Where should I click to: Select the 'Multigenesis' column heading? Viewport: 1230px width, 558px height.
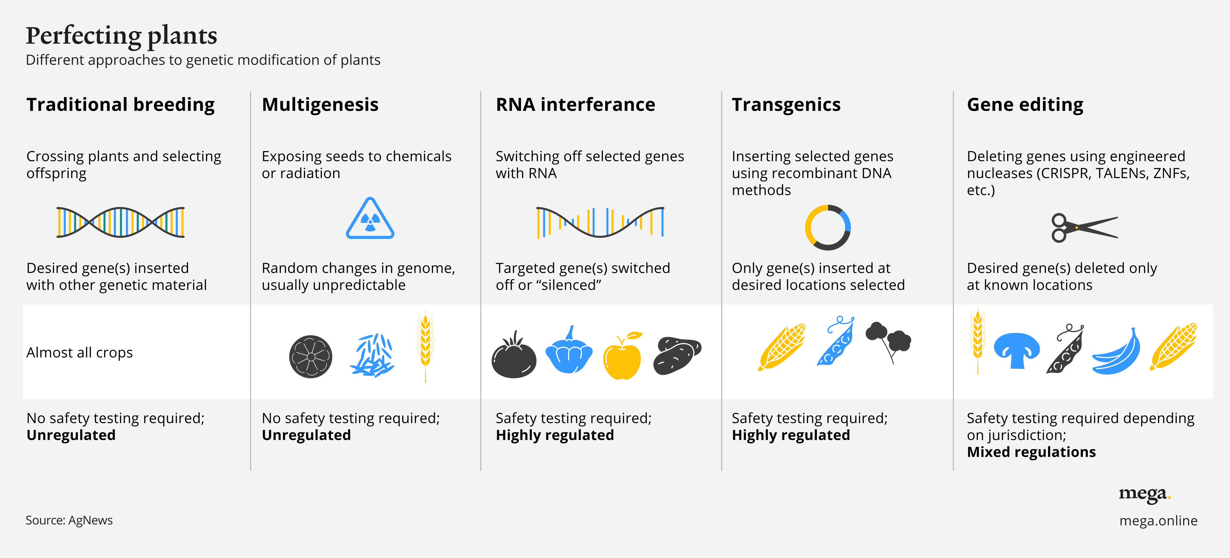(320, 104)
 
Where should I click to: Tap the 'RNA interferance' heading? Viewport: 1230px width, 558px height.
(575, 104)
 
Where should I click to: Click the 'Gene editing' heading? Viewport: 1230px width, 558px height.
(1025, 104)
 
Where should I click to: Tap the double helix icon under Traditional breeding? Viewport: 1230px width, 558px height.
(120, 222)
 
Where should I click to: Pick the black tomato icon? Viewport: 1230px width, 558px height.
(514, 356)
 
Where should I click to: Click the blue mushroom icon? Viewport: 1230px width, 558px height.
(1016, 349)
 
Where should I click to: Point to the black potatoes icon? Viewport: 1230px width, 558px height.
(677, 356)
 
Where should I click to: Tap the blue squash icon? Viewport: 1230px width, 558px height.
(569, 351)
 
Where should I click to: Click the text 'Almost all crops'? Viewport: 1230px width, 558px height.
(79, 353)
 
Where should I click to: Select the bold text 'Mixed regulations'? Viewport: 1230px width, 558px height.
(1031, 452)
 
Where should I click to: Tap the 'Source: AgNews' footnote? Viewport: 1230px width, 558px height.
(69, 520)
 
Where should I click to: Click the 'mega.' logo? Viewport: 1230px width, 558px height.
(1145, 494)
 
